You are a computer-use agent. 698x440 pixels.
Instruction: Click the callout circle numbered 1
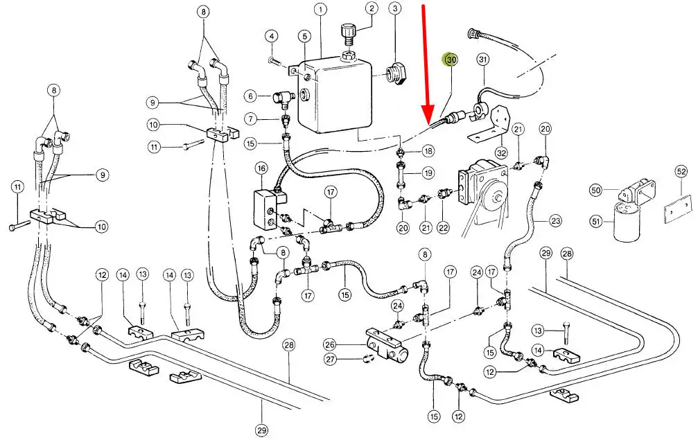point(320,10)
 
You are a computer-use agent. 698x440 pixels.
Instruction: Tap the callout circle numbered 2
point(372,9)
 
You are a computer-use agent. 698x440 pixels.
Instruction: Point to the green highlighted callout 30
point(451,60)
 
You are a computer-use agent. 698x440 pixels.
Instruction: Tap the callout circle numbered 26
point(330,344)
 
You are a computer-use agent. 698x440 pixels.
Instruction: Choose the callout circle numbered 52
point(681,172)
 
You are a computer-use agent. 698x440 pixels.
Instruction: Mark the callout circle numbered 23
point(556,222)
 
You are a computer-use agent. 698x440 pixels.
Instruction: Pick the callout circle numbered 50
point(596,190)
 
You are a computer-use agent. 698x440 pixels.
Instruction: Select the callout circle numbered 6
point(250,96)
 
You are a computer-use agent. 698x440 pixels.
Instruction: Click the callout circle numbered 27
point(330,359)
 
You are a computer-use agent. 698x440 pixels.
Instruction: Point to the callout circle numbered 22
point(444,227)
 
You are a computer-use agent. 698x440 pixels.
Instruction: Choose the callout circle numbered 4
point(272,36)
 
